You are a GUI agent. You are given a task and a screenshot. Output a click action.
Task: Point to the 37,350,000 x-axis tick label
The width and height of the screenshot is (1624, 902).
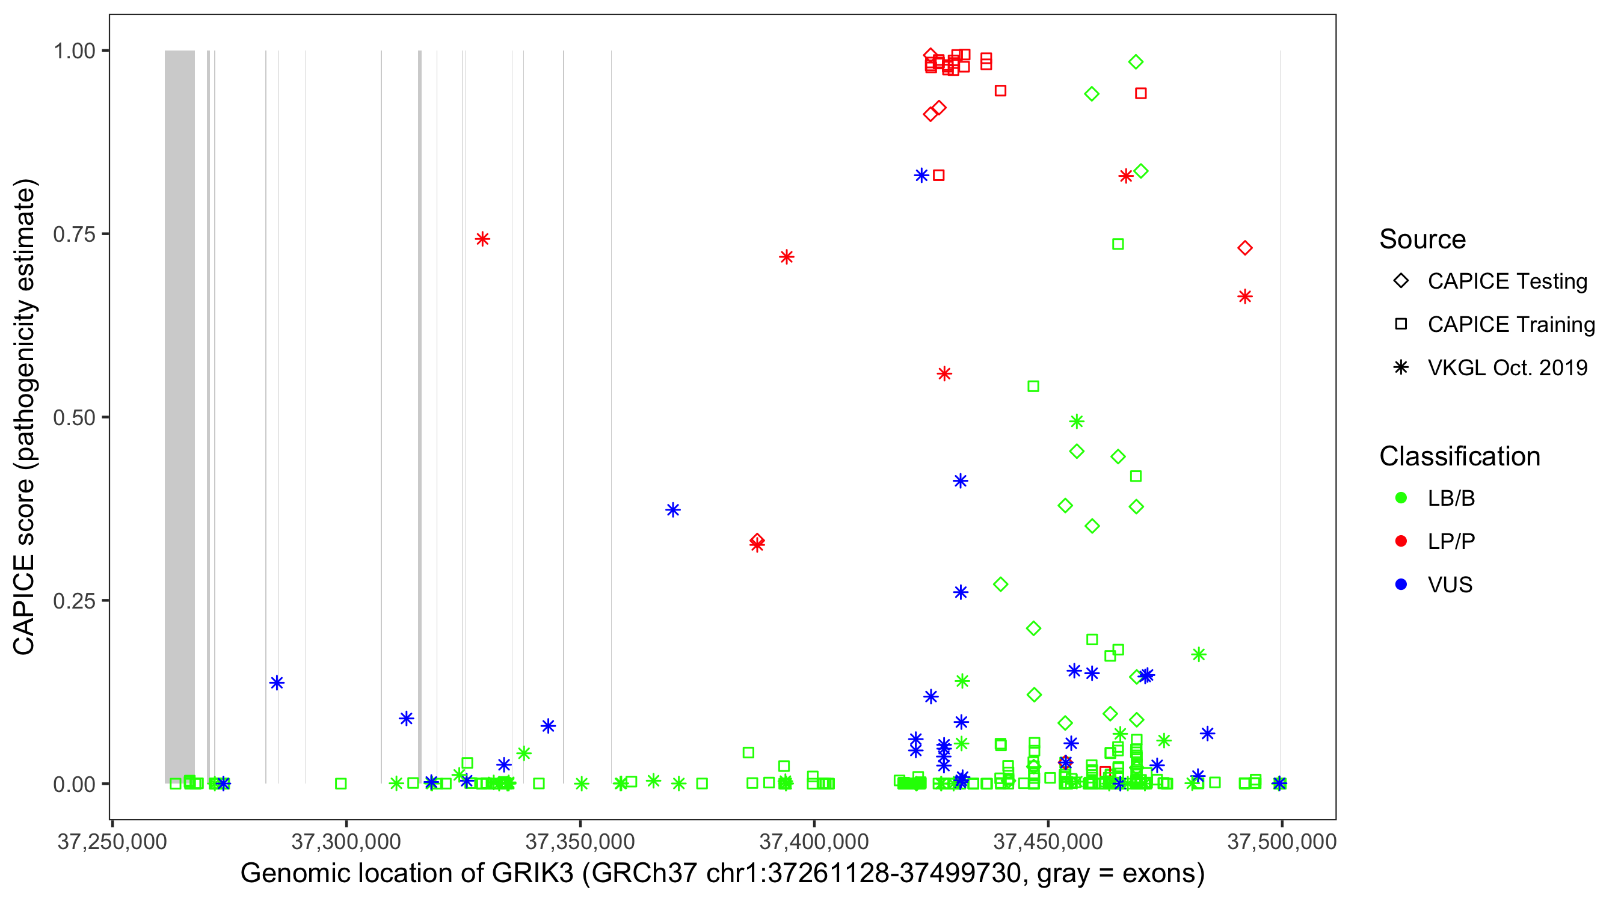click(580, 841)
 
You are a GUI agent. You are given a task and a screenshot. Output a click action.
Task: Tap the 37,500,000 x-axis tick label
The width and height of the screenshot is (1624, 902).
click(1281, 841)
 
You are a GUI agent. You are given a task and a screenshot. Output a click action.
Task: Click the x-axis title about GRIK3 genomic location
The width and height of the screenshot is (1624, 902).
click(722, 874)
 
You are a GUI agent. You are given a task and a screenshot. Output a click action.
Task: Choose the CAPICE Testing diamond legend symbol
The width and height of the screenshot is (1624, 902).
click(1401, 281)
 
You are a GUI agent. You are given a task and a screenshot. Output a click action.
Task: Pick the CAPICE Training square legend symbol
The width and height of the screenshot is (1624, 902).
click(1401, 325)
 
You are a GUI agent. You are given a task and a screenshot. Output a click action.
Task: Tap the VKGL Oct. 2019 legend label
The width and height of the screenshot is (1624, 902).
click(1507, 368)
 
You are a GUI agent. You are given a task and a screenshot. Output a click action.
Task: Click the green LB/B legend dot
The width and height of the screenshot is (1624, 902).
click(1401, 498)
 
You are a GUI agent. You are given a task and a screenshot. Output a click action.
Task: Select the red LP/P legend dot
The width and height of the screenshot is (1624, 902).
click(1401, 541)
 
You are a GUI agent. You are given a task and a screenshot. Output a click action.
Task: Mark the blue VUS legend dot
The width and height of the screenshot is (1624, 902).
click(1401, 585)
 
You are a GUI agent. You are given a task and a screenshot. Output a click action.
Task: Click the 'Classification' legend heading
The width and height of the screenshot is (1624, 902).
click(1459, 456)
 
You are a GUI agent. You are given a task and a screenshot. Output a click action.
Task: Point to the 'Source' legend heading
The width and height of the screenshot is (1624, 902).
click(1423, 239)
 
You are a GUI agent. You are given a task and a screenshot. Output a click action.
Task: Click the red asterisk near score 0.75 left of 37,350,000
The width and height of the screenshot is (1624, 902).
click(482, 239)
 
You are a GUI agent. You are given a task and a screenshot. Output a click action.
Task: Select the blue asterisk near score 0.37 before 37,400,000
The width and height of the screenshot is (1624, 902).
click(672, 510)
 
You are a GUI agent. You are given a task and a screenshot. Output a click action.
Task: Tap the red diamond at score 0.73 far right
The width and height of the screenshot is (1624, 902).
click(1244, 248)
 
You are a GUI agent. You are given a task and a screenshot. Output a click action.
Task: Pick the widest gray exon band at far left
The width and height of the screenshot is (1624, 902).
click(180, 416)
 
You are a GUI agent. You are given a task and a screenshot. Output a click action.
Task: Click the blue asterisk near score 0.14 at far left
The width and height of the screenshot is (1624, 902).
click(277, 683)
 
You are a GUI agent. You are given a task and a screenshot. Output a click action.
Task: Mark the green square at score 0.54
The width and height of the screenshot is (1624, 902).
click(1033, 387)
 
